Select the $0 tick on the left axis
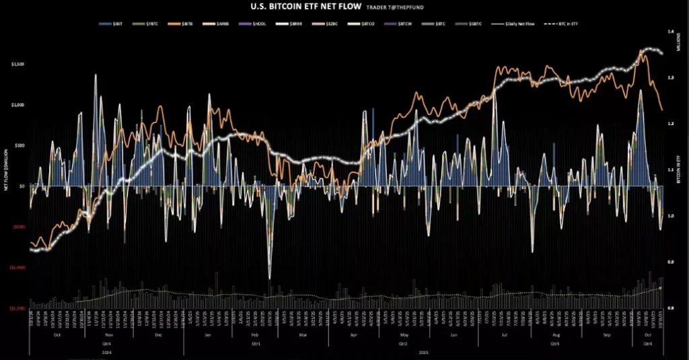coord(22,186)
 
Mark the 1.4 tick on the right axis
coord(670,32)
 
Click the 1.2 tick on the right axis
coord(670,124)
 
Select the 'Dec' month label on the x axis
coord(158,334)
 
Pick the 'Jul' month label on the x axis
coord(504,334)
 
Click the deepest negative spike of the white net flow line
coord(270,277)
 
